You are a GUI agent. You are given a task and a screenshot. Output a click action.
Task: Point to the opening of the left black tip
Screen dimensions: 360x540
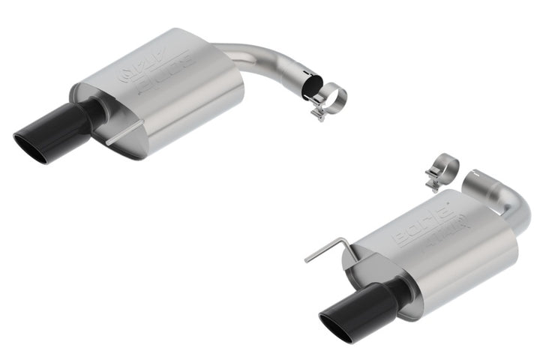[31, 145]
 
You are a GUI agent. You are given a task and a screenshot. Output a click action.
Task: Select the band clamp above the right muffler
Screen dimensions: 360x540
[443, 169]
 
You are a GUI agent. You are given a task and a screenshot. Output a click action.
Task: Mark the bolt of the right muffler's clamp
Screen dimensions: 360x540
[433, 180]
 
